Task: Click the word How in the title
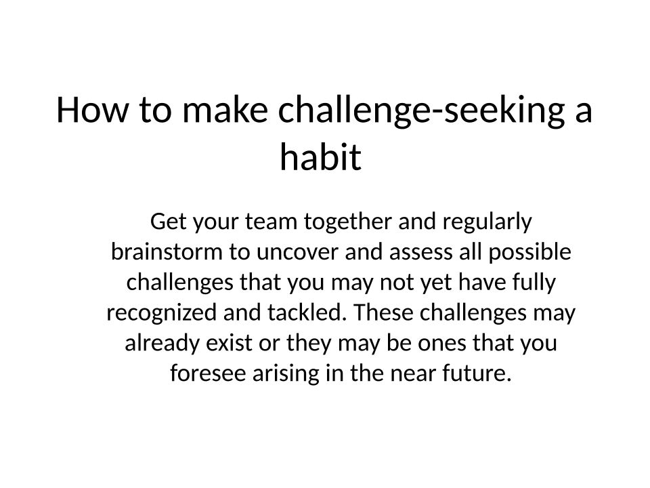pyautogui.click(x=93, y=110)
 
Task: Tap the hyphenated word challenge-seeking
pyautogui.click(x=421, y=111)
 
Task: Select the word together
pyautogui.click(x=347, y=222)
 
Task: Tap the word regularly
pyautogui.click(x=487, y=222)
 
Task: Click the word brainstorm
pyautogui.click(x=167, y=252)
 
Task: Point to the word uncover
pyautogui.click(x=297, y=253)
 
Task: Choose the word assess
pyautogui.click(x=420, y=253)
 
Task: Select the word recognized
pyautogui.click(x=161, y=313)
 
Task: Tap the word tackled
pyautogui.click(x=307, y=312)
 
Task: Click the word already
pyautogui.click(x=162, y=344)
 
